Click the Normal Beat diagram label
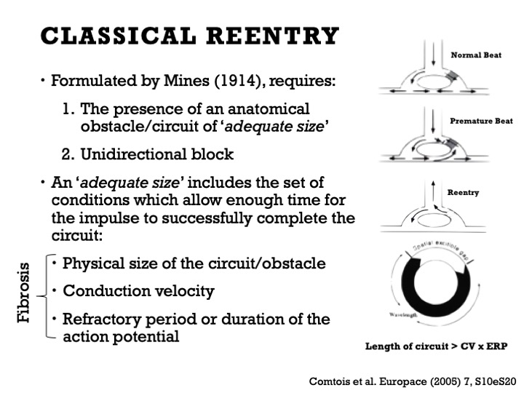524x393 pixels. pyautogui.click(x=476, y=55)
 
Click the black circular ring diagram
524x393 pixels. pyautogui.click(x=426, y=285)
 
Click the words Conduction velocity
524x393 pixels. pyautogui.click(x=138, y=291)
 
